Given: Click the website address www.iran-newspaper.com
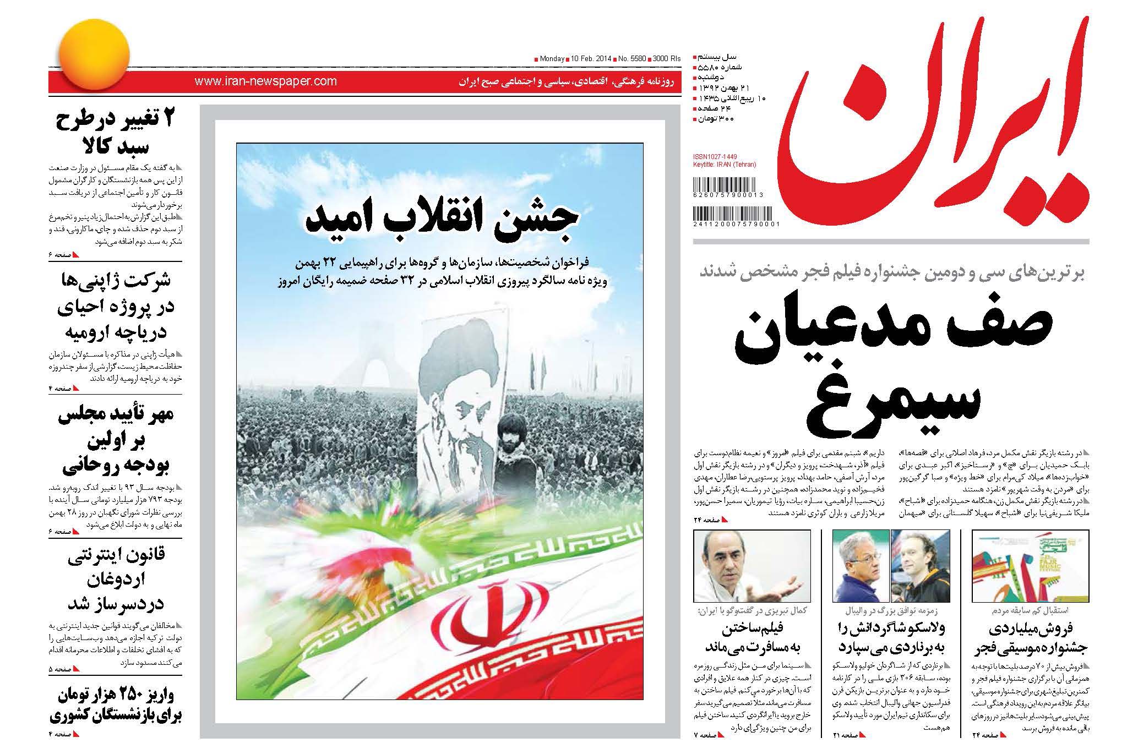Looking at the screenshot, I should pyautogui.click(x=265, y=81).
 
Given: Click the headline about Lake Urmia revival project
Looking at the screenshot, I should pyautogui.click(x=115, y=307).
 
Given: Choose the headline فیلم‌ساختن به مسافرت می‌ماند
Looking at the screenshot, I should pyautogui.click(x=751, y=637).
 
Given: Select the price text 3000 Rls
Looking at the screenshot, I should pyautogui.click(x=667, y=58).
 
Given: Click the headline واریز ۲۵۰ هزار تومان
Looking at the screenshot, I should pyautogui.click(x=116, y=706).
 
